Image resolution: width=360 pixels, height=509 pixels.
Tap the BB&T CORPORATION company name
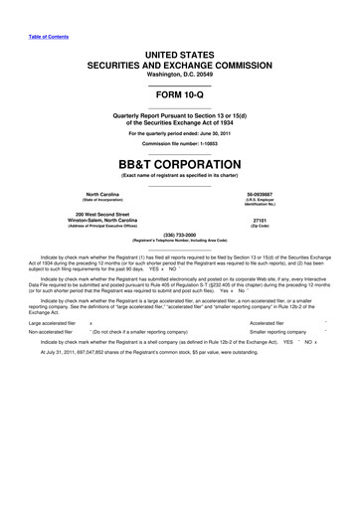pos(180,162)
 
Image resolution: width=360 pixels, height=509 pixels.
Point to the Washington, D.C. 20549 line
pos(180,76)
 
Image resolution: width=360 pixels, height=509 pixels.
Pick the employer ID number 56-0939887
pos(263,193)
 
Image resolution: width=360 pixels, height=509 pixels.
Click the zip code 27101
pos(262,221)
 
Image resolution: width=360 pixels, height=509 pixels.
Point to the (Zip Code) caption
pos(262,228)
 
